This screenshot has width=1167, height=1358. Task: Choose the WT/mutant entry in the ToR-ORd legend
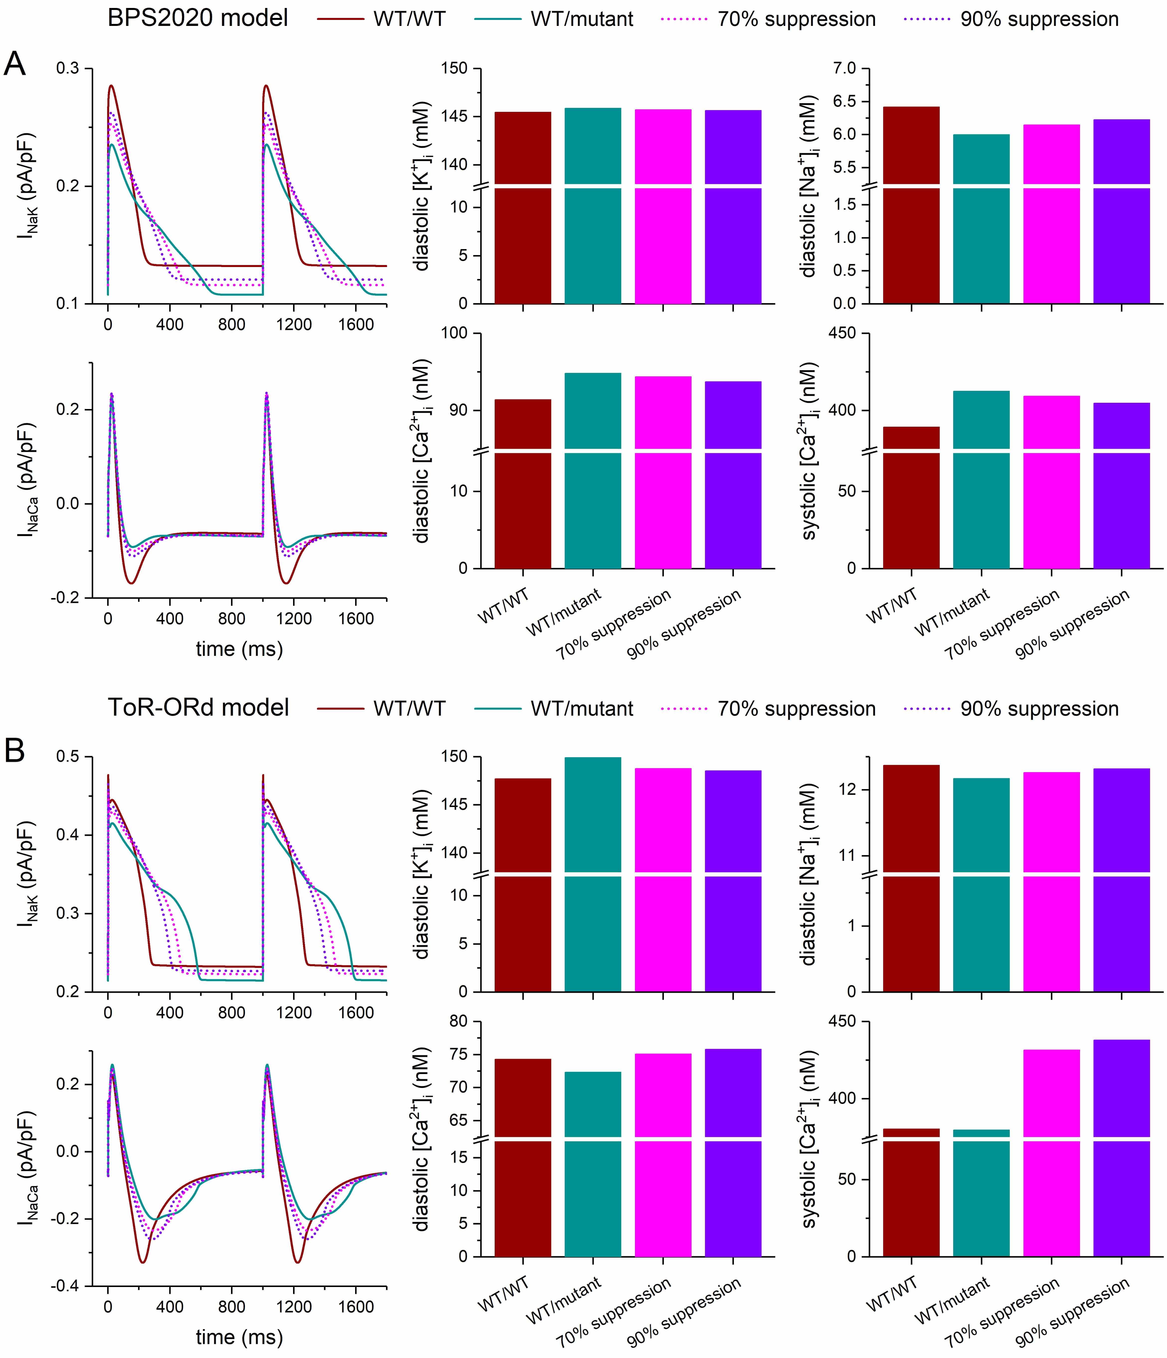[x=582, y=709]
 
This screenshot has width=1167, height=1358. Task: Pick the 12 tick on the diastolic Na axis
[x=847, y=790]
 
